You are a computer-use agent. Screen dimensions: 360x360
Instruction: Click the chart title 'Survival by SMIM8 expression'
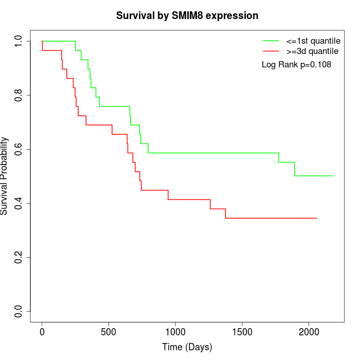[x=187, y=16]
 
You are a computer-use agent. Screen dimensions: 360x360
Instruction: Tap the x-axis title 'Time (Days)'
[x=187, y=348]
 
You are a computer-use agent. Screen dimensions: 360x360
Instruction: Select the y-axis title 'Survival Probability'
[x=5, y=176]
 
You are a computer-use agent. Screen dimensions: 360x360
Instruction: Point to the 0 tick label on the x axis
[x=42, y=331]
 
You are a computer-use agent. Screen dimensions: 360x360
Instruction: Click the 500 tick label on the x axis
[x=109, y=331]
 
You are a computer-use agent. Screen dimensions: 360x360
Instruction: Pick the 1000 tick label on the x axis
[x=175, y=331]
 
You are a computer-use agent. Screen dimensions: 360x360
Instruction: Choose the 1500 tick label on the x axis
[x=242, y=331]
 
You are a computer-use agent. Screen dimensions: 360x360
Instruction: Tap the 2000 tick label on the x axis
[x=309, y=331]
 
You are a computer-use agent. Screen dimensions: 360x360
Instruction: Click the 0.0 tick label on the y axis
[x=18, y=311]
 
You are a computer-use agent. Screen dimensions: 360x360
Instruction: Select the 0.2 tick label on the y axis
[x=18, y=257]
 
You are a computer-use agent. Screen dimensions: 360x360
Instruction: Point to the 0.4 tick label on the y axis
[x=18, y=203]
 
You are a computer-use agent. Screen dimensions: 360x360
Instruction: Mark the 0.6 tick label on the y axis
[x=18, y=149]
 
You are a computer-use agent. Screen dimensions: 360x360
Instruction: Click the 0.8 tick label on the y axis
[x=18, y=95]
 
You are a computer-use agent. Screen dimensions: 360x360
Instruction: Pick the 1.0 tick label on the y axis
[x=18, y=41]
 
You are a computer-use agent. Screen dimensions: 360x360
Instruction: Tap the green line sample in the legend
[x=271, y=40]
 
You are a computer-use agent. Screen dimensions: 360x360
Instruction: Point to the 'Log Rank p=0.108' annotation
[x=296, y=65]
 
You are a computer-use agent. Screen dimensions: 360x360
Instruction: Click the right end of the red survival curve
[x=316, y=218]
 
